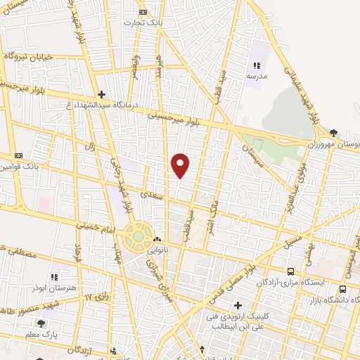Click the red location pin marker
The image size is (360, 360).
181,165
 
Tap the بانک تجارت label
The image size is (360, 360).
143,23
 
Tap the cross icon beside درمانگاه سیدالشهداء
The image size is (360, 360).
102,94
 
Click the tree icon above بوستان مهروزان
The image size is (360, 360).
333,132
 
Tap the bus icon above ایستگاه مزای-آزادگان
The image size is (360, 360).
290,271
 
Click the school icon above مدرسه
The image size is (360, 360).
257,65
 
